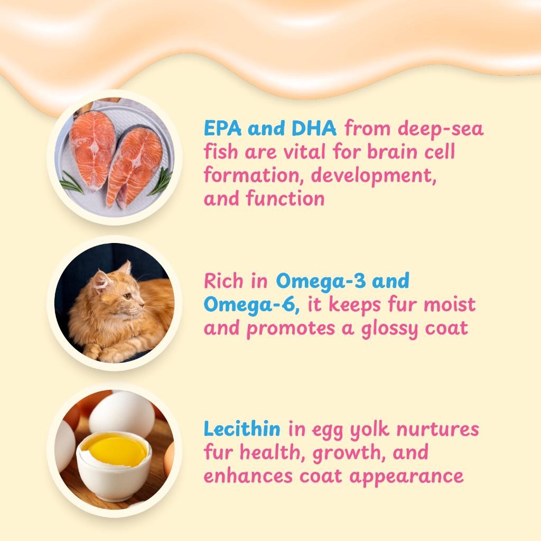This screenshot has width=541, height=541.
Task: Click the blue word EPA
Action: point(222,128)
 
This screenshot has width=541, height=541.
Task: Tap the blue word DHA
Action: point(314,128)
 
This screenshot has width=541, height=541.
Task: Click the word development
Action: point(374,176)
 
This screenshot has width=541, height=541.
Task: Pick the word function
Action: point(285,199)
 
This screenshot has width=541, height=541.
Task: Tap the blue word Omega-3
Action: point(321,281)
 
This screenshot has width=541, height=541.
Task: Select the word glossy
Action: point(389,329)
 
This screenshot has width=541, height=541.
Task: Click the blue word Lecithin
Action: point(242,429)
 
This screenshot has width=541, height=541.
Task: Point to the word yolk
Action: point(369,430)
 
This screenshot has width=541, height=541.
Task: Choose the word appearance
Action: point(406,478)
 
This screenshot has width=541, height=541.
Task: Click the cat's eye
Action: point(127,296)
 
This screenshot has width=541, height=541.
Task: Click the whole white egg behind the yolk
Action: point(122,414)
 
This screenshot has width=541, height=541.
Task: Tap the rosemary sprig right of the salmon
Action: point(160,182)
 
